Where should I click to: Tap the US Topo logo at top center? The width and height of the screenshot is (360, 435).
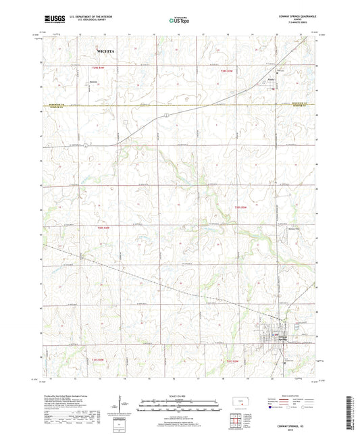point(179,21)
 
